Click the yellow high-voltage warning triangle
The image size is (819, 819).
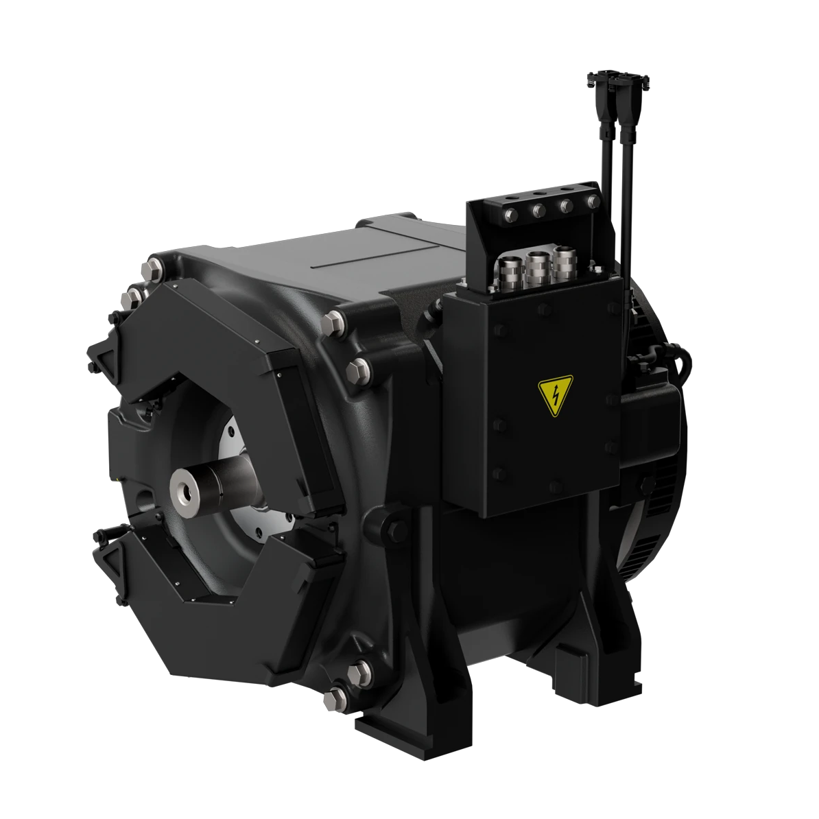coord(556,397)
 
